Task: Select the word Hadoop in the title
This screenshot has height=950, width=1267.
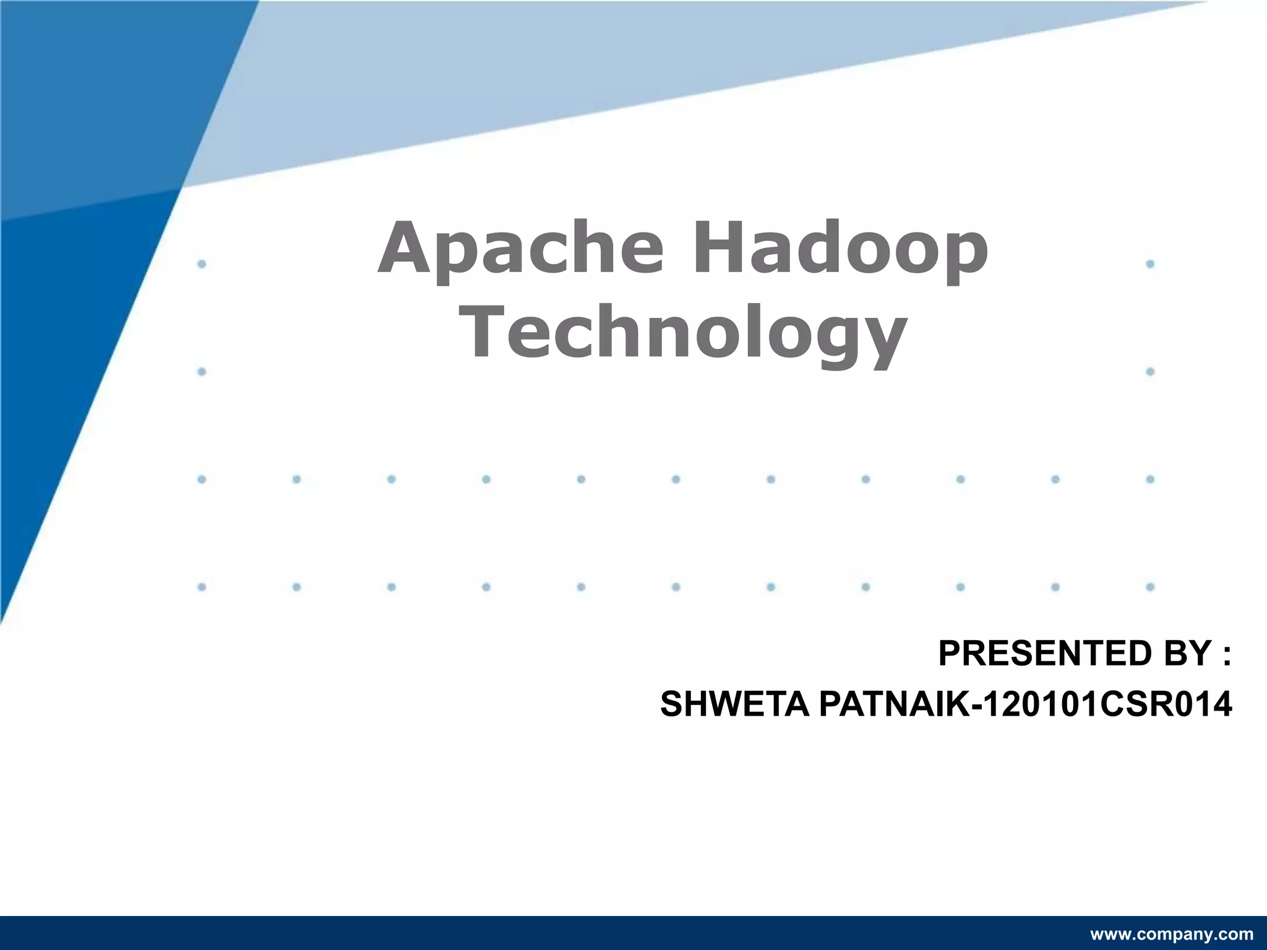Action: (x=840, y=249)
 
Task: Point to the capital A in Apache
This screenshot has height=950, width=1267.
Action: (x=404, y=247)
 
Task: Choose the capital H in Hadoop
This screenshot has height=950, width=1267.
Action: (x=718, y=247)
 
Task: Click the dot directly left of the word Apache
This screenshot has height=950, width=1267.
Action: (x=202, y=264)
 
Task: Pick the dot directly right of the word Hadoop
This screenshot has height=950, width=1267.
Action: (x=1150, y=264)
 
